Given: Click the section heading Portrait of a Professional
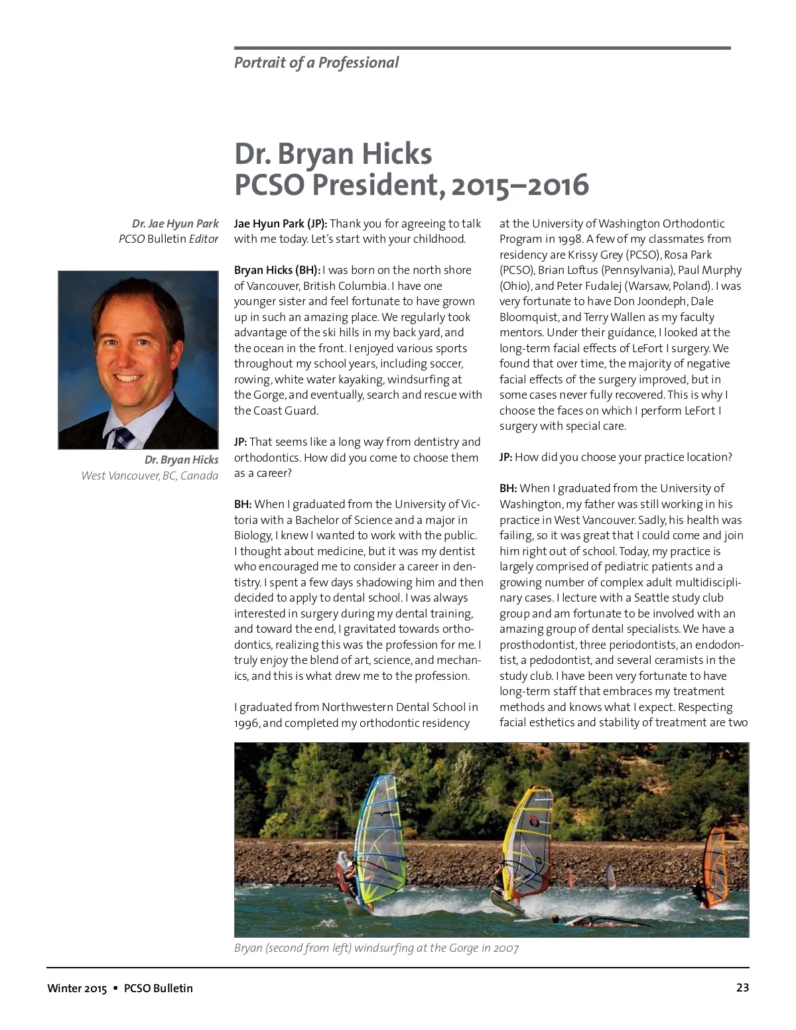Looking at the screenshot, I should pos(316,63).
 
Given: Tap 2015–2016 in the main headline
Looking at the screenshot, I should pos(519,185).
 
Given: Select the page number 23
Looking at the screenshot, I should pos(742,988).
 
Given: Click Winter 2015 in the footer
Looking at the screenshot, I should pos(77,988).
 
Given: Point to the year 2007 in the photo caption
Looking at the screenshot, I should pos(505,948).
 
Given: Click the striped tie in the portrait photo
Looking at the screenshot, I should pos(123,438).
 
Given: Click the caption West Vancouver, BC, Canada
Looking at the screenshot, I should pos(149,476).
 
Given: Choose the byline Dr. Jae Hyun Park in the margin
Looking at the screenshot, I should pos(175,224).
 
